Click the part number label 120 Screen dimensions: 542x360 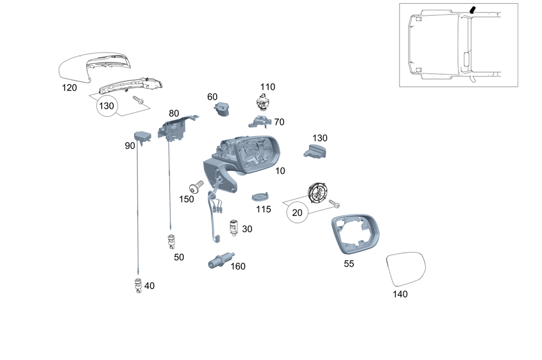pyautogui.click(x=69, y=88)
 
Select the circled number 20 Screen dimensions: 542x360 pyautogui.click(x=297, y=213)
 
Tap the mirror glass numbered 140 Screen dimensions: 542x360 pyautogui.click(x=405, y=269)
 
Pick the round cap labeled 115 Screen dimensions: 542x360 pyautogui.click(x=261, y=197)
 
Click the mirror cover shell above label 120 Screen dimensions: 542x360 pyautogui.click(x=93, y=66)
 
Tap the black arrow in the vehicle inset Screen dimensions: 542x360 pyautogui.click(x=472, y=10)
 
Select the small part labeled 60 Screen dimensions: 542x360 pyautogui.click(x=222, y=110)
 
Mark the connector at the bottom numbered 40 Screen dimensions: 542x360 pyautogui.click(x=138, y=286)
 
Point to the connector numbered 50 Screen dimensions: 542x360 pyautogui.click(x=171, y=241)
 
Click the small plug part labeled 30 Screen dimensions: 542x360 pyautogui.click(x=234, y=227)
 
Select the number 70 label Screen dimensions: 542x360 pyautogui.click(x=279, y=122)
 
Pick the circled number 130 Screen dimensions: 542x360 pyautogui.click(x=106, y=106)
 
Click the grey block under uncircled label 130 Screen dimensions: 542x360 pyautogui.click(x=315, y=151)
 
